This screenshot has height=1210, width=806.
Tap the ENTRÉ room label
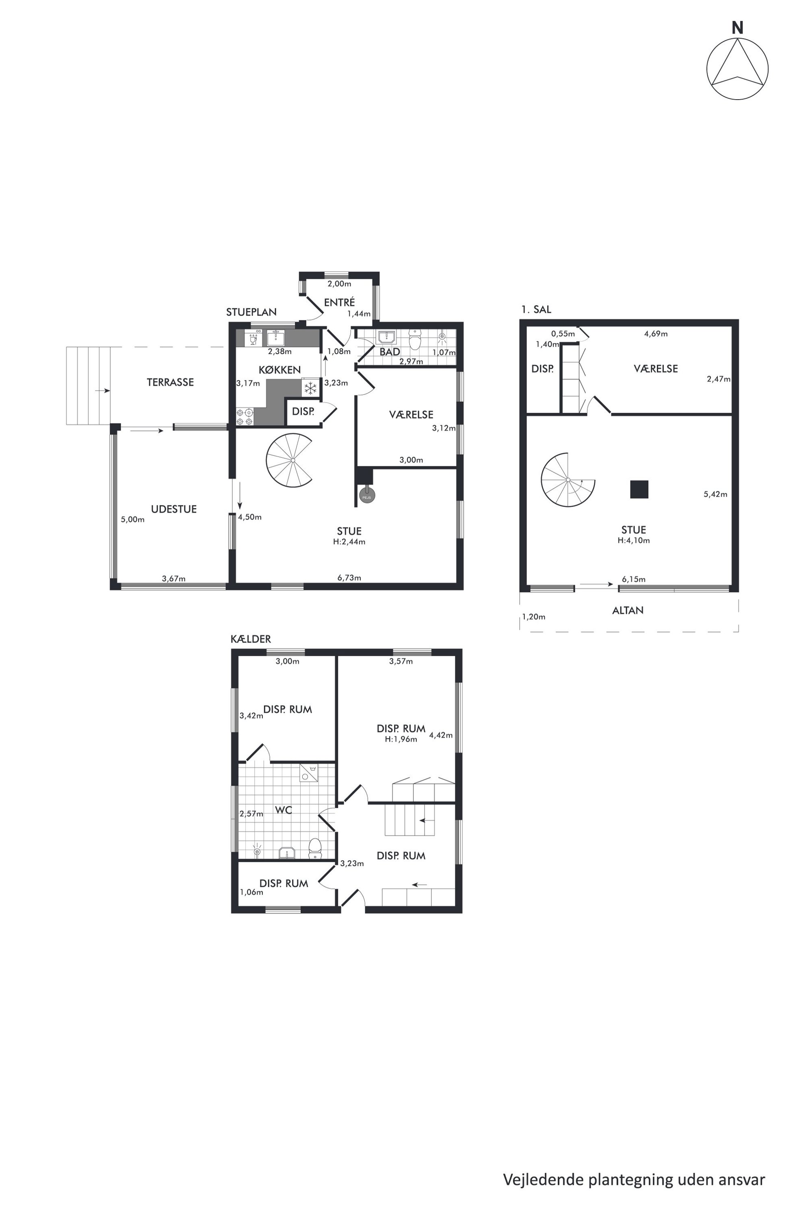click(339, 302)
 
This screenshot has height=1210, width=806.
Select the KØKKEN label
click(279, 370)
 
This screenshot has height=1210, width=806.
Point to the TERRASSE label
click(170, 382)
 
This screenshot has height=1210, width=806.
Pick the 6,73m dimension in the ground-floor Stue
click(349, 578)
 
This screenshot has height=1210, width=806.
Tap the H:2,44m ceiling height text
click(349, 542)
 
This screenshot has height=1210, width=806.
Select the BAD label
click(390, 352)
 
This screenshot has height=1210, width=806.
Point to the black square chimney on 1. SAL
click(639, 489)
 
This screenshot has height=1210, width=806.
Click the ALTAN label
click(628, 611)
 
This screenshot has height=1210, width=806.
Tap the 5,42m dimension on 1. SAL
click(715, 494)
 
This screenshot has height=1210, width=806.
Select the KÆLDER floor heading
click(251, 639)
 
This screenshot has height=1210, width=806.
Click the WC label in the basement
click(283, 810)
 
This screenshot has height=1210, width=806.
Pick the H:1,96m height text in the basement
click(401, 739)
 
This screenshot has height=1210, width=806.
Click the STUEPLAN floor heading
click(251, 312)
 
